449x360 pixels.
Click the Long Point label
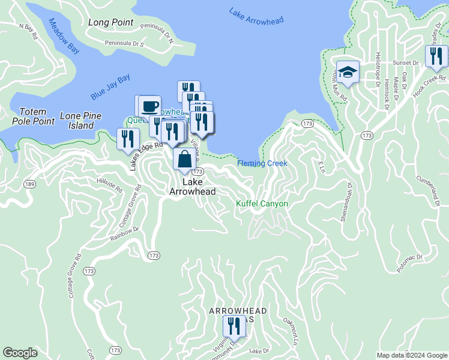pos(110,22)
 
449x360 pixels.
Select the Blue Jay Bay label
pos(110,88)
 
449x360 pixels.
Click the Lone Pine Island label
pos(80,121)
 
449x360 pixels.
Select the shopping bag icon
pos(185,160)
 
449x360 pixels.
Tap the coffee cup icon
pos(149,106)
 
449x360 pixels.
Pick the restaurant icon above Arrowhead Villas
pos(233,326)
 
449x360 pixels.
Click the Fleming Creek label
pos(262,163)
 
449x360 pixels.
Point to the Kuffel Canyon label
pos(262,204)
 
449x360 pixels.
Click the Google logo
pos(20,353)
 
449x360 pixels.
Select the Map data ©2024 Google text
pos(411,355)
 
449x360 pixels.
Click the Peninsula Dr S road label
pos(125,43)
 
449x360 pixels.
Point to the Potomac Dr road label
pos(409,259)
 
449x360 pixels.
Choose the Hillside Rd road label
pos(110,185)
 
